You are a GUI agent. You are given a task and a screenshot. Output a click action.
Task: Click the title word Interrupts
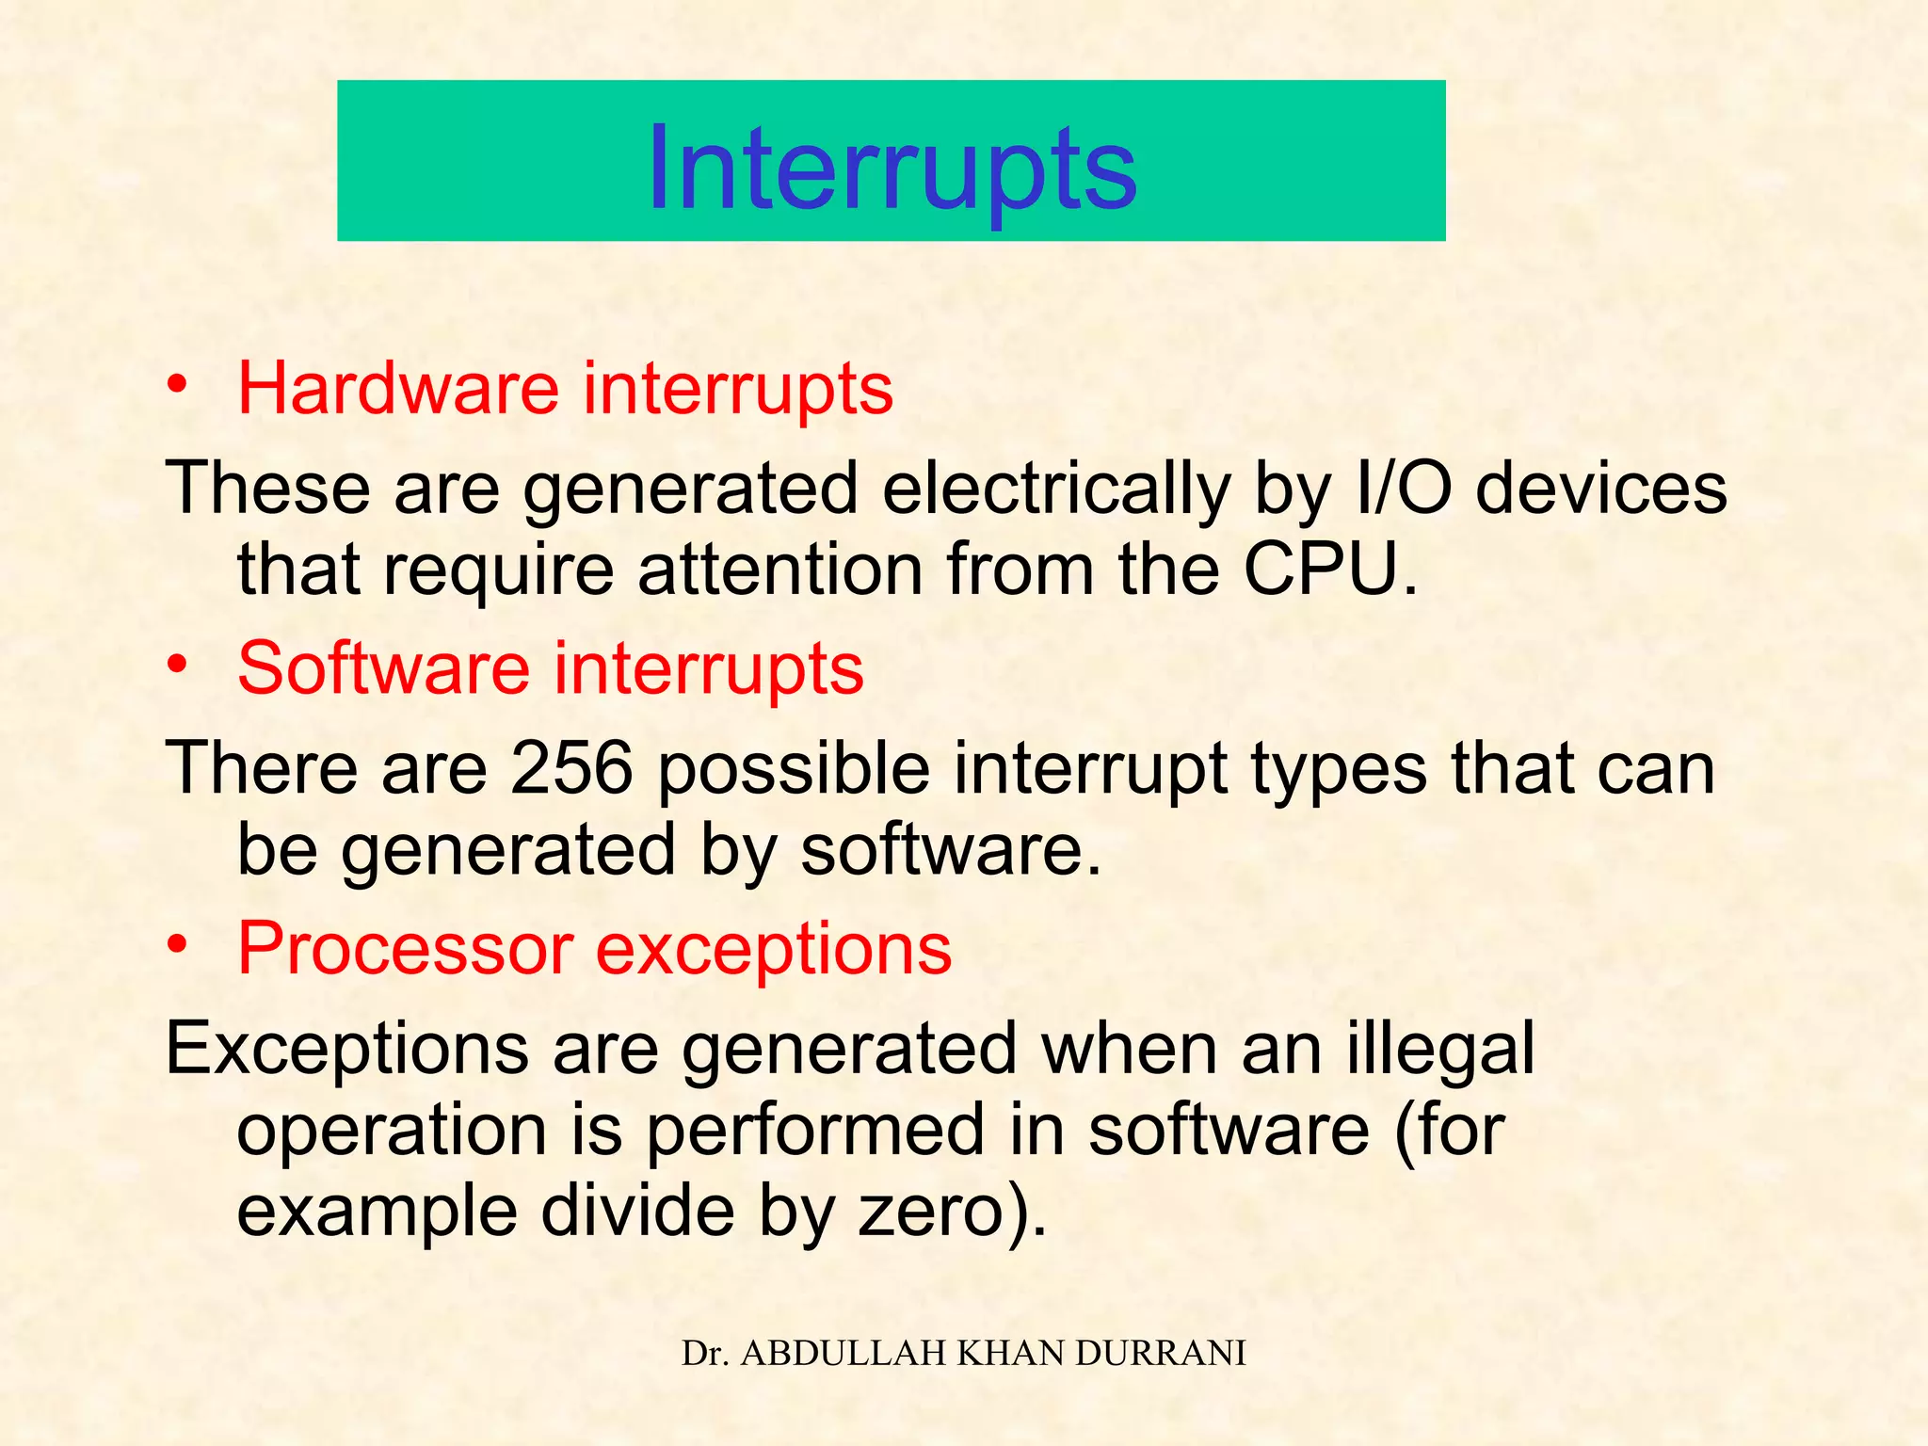(x=892, y=169)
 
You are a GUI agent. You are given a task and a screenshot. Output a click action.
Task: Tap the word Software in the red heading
(x=383, y=667)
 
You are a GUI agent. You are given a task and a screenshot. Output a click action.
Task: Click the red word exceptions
(x=774, y=949)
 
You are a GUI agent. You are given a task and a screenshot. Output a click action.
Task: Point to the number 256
(x=571, y=768)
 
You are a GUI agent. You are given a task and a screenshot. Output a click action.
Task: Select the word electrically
(x=1056, y=490)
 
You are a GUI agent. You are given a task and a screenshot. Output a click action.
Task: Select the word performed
(x=815, y=1130)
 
